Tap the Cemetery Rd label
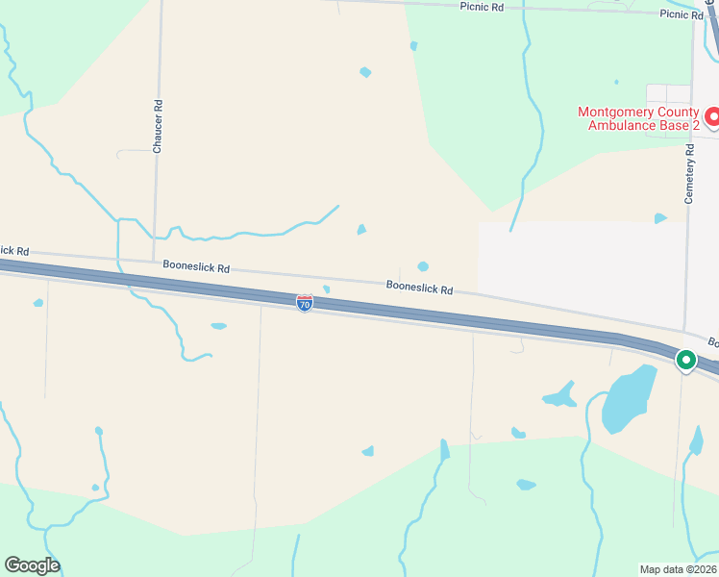pyautogui.click(x=688, y=173)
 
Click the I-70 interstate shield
pyautogui.click(x=305, y=303)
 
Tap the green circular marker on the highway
pyautogui.click(x=685, y=361)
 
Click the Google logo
pyautogui.click(x=32, y=565)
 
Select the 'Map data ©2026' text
pyautogui.click(x=679, y=569)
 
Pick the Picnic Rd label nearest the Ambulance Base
pyautogui.click(x=682, y=14)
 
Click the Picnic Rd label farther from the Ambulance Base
pyautogui.click(x=483, y=7)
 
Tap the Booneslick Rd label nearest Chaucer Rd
pyautogui.click(x=196, y=268)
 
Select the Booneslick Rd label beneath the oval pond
pyautogui.click(x=419, y=287)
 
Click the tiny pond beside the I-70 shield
pyautogui.click(x=327, y=288)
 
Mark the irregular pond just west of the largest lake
pyautogui.click(x=559, y=394)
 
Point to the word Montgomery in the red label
pyautogui.click(x=618, y=112)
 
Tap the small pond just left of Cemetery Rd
pyautogui.click(x=660, y=218)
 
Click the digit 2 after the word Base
pyautogui.click(x=696, y=126)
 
